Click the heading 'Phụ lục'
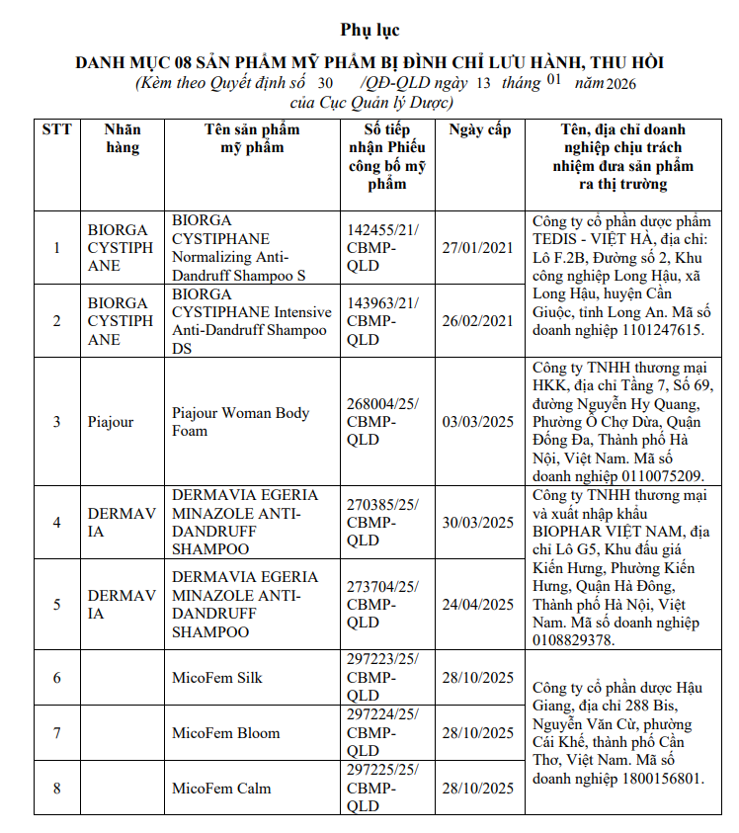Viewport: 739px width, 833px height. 369,30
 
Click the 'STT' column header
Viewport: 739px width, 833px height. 56,130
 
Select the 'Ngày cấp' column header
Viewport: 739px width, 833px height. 479,130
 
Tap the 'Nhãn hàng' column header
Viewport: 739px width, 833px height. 123,139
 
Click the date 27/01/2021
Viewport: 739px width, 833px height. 478,248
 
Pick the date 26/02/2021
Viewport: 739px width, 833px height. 478,321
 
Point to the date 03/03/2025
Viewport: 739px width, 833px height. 478,422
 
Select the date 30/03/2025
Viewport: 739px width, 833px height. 478,523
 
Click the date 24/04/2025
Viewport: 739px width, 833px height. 478,605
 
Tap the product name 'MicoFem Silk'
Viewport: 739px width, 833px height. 217,678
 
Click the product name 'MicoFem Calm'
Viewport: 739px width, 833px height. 221,789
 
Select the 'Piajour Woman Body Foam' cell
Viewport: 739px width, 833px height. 241,422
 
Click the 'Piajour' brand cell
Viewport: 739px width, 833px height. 111,422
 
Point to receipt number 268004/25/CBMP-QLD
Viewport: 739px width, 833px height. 383,422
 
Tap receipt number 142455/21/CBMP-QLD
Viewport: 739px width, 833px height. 383,248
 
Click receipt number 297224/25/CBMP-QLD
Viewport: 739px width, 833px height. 383,733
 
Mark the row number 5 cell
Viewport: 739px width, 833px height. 56,605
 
